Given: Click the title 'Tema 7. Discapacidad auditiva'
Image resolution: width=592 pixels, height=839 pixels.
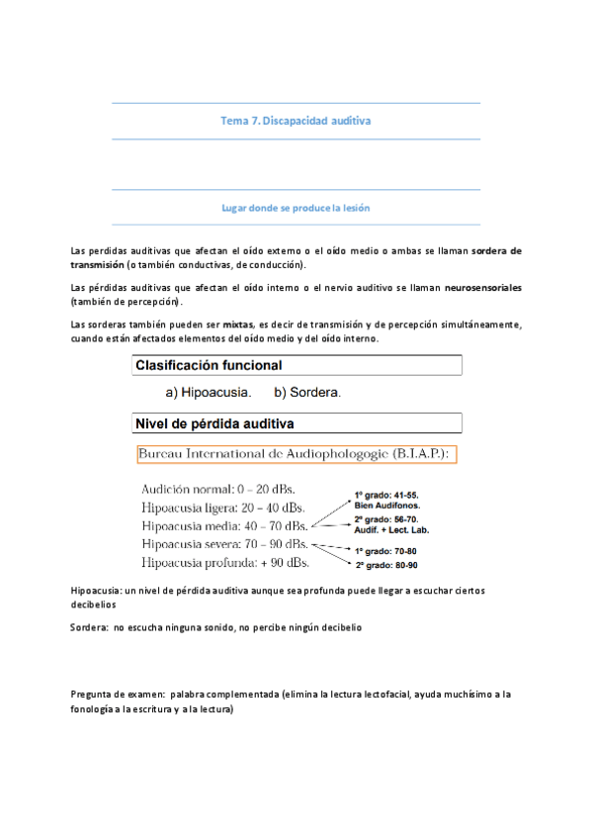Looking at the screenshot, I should [x=296, y=121].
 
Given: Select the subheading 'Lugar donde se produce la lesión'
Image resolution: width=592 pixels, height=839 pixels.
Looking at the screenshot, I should [x=296, y=208].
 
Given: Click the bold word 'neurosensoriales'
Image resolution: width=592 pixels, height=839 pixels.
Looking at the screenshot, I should [x=469, y=288].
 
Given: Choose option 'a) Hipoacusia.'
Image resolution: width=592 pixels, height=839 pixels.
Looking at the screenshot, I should [x=208, y=393].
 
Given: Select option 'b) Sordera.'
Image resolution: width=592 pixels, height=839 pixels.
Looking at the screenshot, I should [x=307, y=393].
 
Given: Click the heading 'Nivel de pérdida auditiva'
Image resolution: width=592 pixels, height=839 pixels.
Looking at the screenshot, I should [x=214, y=425].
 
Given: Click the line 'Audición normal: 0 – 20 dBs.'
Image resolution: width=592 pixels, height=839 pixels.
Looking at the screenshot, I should [x=217, y=490].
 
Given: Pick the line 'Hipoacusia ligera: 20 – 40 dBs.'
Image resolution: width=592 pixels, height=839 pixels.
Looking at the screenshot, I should [x=224, y=508].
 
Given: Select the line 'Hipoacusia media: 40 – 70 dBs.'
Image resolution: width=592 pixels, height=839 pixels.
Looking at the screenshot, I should [x=224, y=525].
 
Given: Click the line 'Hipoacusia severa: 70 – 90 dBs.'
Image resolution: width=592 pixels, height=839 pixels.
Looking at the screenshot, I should [x=225, y=544].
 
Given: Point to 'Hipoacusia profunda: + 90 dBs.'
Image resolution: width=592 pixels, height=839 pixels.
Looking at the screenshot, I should [x=225, y=562].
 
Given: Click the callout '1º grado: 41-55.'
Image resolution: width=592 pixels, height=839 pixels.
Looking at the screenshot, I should [x=393, y=494].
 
